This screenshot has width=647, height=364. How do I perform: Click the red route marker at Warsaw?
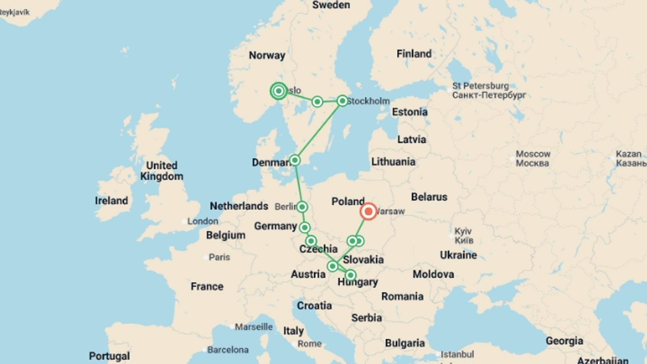[x=368, y=211]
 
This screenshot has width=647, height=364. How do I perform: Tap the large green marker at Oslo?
[x=279, y=91]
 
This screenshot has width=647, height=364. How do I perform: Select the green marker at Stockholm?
[x=342, y=101]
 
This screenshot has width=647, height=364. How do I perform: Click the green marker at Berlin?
[x=302, y=207]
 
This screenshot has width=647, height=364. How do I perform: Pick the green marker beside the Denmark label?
[x=295, y=160]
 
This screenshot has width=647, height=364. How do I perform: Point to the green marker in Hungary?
[x=350, y=275]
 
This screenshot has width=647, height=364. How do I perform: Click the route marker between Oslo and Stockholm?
[x=317, y=101]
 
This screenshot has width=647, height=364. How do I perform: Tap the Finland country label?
[x=414, y=54]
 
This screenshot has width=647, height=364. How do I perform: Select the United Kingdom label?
[x=162, y=171]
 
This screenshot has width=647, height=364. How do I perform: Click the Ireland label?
[x=112, y=201]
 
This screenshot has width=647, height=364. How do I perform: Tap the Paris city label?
[x=219, y=257]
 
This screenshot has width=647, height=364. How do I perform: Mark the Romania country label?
[x=402, y=296]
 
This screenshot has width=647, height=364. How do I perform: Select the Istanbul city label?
[x=457, y=354]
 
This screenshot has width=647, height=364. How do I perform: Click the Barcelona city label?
[x=228, y=350]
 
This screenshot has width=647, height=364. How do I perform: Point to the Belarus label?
[x=429, y=197]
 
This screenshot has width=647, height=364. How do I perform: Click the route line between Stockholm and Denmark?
[x=318, y=130]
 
